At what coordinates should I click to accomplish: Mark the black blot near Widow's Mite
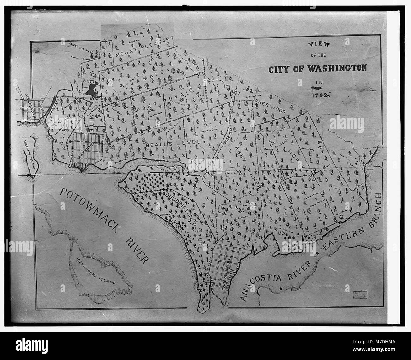pos(91,91)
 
